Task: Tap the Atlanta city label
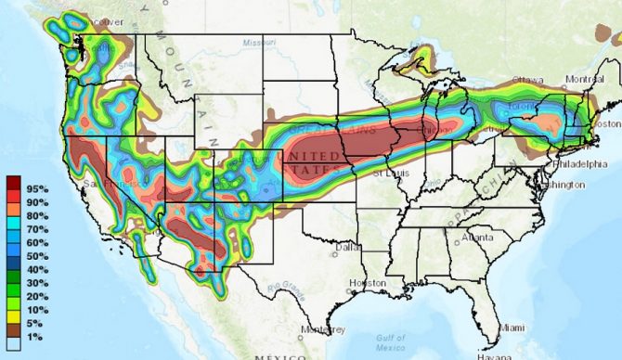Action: pyautogui.click(x=478, y=238)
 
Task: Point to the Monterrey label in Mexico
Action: pyautogui.click(x=322, y=329)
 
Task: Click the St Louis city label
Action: pyautogui.click(x=388, y=173)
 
